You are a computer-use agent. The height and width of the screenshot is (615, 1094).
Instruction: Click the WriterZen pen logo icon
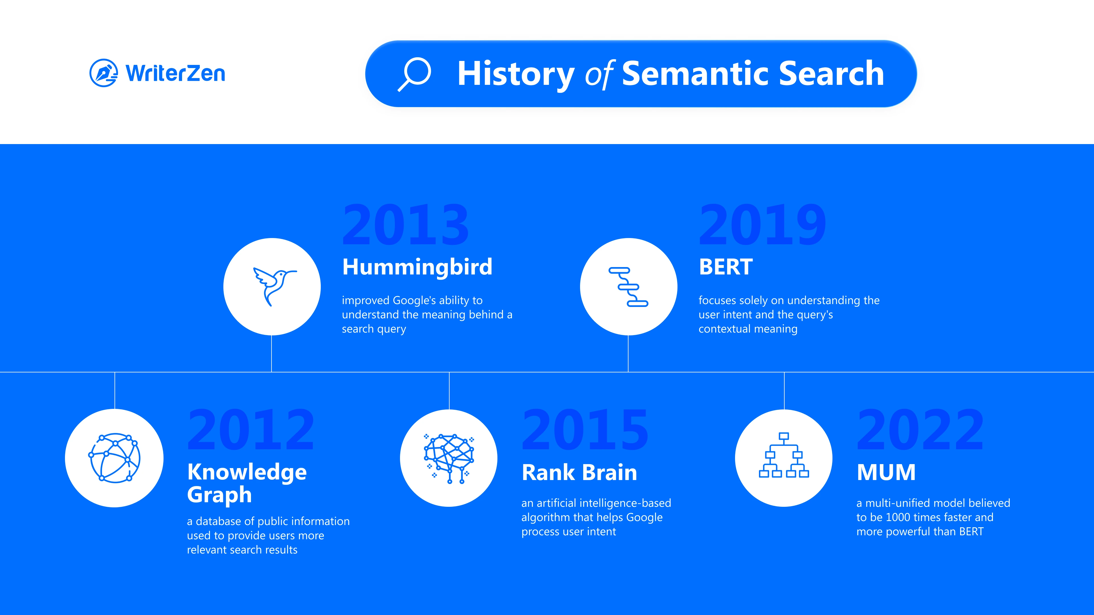103,73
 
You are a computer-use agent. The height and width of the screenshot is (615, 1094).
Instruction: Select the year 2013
406,225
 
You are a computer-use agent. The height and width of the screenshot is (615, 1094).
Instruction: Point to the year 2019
762,225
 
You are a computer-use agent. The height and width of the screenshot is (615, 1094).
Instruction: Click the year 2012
251,430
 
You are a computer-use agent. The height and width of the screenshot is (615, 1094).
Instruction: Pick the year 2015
585,430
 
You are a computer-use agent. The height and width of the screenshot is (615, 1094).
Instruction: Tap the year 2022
920,430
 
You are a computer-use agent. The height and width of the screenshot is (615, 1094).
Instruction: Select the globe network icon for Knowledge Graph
114,458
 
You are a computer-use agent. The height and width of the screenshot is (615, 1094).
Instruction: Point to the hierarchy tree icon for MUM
784,455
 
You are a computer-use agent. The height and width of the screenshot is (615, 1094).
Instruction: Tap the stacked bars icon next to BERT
628,286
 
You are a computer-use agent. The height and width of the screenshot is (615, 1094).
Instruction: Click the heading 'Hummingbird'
417,267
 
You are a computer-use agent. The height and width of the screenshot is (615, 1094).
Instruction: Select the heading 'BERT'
726,267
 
